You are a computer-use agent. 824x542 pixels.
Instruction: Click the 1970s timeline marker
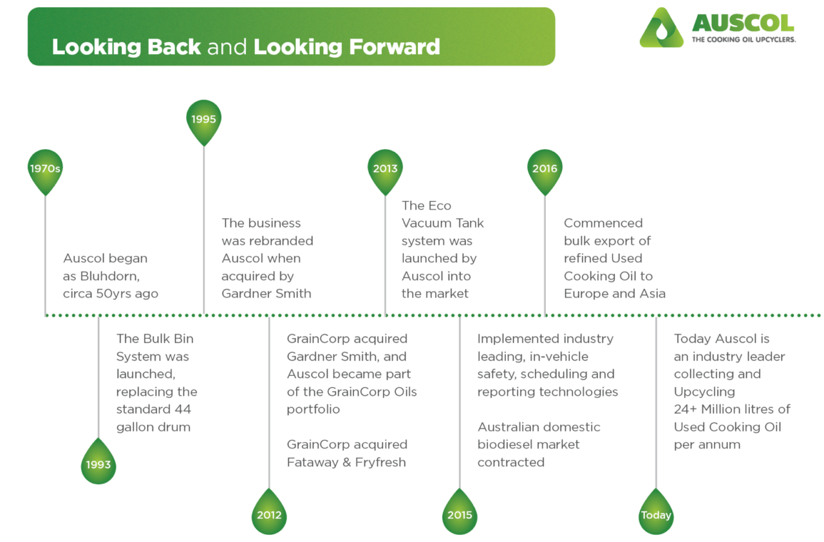tap(45, 169)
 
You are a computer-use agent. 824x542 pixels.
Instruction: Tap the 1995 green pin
tap(203, 120)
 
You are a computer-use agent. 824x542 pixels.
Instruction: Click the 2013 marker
tap(385, 169)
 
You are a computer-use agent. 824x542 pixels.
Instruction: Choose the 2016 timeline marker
tap(545, 169)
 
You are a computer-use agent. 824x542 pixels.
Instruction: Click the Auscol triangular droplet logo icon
tap(661, 29)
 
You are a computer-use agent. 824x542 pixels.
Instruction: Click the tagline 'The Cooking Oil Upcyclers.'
tap(744, 40)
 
